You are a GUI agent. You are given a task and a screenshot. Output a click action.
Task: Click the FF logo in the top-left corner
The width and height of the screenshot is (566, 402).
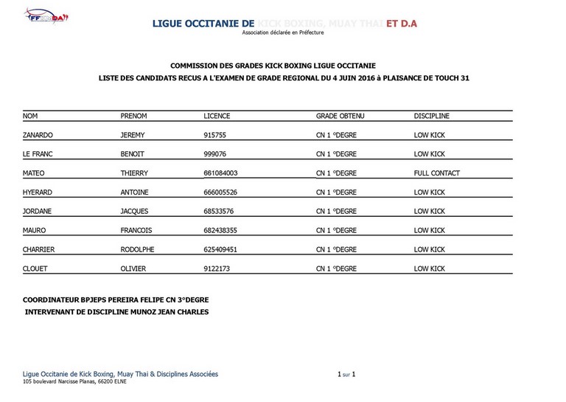(45, 17)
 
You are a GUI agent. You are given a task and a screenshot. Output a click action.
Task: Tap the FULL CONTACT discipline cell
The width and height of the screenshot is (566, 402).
(436, 173)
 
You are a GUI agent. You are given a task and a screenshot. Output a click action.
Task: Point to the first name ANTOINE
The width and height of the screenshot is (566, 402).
(135, 193)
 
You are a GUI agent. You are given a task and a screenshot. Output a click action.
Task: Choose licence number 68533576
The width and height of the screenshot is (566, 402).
(220, 212)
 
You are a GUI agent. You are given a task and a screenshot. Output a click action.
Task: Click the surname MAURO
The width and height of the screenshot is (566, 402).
(35, 231)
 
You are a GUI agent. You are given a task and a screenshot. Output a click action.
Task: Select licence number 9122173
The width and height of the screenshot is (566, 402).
(217, 269)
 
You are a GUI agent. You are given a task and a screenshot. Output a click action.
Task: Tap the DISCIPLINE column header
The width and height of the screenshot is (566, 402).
(431, 116)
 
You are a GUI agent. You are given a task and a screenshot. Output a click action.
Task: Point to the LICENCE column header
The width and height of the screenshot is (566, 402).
(217, 116)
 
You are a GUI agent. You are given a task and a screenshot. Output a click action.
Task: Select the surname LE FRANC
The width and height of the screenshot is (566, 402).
(39, 154)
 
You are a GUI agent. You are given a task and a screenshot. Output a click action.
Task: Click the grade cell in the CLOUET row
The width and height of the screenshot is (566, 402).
(336, 269)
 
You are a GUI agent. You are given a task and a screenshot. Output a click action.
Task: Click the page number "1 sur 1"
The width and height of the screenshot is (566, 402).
(346, 375)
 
